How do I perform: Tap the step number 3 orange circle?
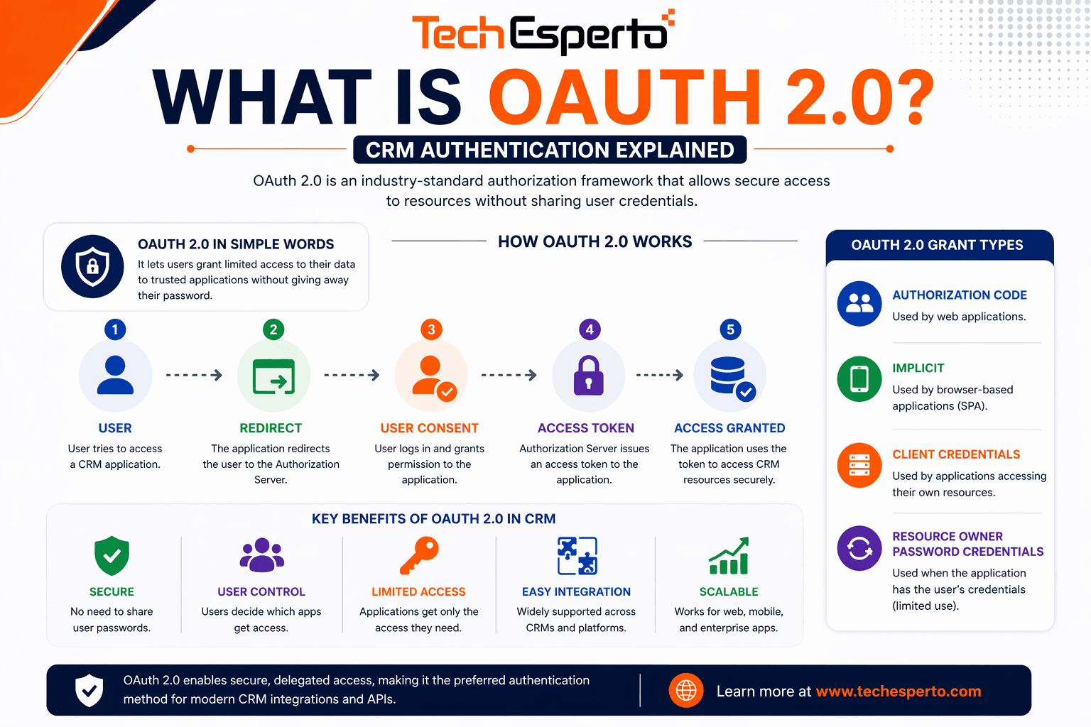(431, 329)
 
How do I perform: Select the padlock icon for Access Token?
(588, 376)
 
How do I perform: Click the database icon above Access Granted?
(729, 376)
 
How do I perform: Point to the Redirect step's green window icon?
(273, 376)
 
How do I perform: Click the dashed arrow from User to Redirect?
(194, 375)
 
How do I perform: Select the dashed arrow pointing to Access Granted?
(659, 375)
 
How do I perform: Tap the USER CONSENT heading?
(429, 428)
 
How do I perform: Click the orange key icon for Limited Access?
(419, 555)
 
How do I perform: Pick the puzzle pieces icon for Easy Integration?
(577, 555)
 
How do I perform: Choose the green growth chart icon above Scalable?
(729, 556)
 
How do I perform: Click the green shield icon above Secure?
(112, 555)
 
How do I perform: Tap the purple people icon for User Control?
(261, 555)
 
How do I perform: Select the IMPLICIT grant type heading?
(918, 368)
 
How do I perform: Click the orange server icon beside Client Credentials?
(859, 465)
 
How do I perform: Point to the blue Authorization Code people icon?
(859, 303)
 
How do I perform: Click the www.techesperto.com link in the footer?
(898, 692)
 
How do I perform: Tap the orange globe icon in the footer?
(686, 690)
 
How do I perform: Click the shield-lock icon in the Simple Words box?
(92, 266)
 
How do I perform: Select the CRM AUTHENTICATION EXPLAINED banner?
(550, 150)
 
